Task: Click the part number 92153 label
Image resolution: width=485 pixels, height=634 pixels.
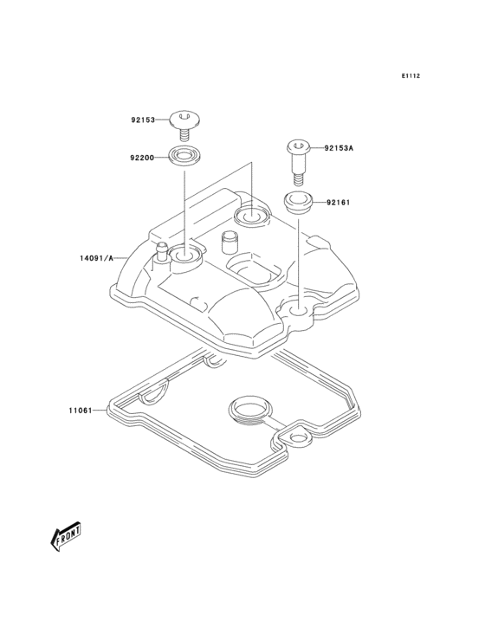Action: click(x=143, y=121)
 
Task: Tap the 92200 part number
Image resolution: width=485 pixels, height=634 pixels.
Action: click(x=143, y=158)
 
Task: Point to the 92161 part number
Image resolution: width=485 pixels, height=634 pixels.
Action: click(x=338, y=203)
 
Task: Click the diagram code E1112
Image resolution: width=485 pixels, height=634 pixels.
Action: click(x=410, y=76)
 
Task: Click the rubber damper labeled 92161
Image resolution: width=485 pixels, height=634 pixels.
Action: click(x=299, y=204)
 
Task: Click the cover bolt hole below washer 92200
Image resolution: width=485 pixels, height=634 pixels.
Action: click(x=184, y=255)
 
